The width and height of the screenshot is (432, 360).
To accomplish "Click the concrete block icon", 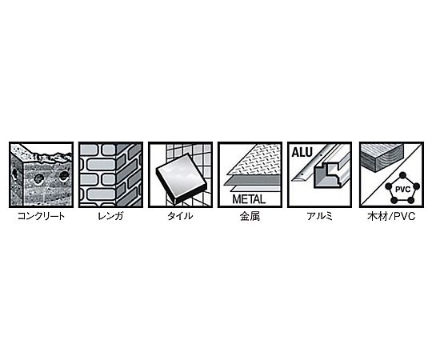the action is [42, 175].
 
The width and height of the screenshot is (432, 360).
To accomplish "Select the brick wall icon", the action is [110, 175].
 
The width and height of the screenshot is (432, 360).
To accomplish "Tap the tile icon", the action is [181, 175].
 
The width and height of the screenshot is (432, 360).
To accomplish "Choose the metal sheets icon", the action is [250, 175].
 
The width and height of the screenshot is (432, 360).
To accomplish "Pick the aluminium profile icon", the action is [319, 175].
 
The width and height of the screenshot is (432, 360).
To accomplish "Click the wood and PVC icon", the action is [391, 175].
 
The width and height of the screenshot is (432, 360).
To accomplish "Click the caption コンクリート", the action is [41, 216].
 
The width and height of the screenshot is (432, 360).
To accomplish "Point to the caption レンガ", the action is [110, 216].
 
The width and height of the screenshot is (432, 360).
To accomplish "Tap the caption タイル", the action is [180, 216].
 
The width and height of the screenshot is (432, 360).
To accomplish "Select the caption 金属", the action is [250, 216].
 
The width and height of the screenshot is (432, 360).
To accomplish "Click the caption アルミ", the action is [319, 216].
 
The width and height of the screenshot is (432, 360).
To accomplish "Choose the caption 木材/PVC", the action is [391, 216].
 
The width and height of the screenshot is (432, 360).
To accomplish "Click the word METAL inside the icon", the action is [249, 199].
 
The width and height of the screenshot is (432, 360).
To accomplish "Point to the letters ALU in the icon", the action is [302, 152].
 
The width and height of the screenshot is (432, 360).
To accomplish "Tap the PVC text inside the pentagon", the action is [402, 190].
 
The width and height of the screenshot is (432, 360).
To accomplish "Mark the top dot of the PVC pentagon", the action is [402, 175].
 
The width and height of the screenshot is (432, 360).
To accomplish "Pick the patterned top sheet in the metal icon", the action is [255, 161].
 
